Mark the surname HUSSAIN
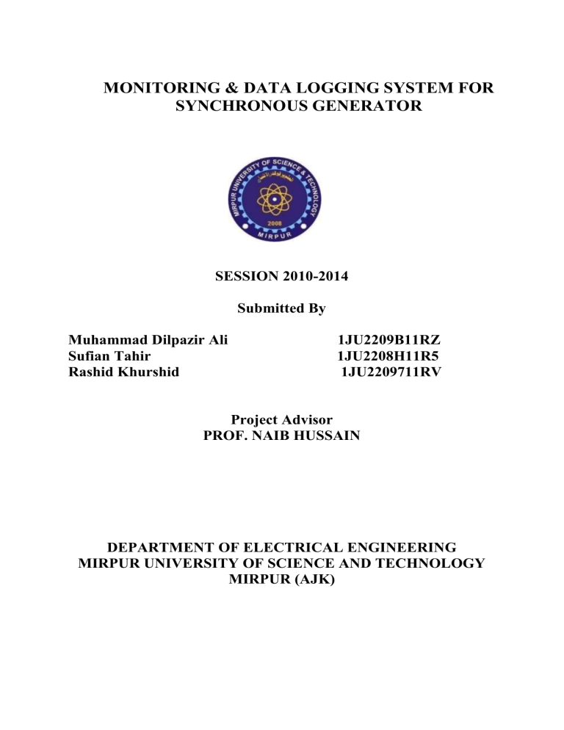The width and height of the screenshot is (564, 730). [326, 435]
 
